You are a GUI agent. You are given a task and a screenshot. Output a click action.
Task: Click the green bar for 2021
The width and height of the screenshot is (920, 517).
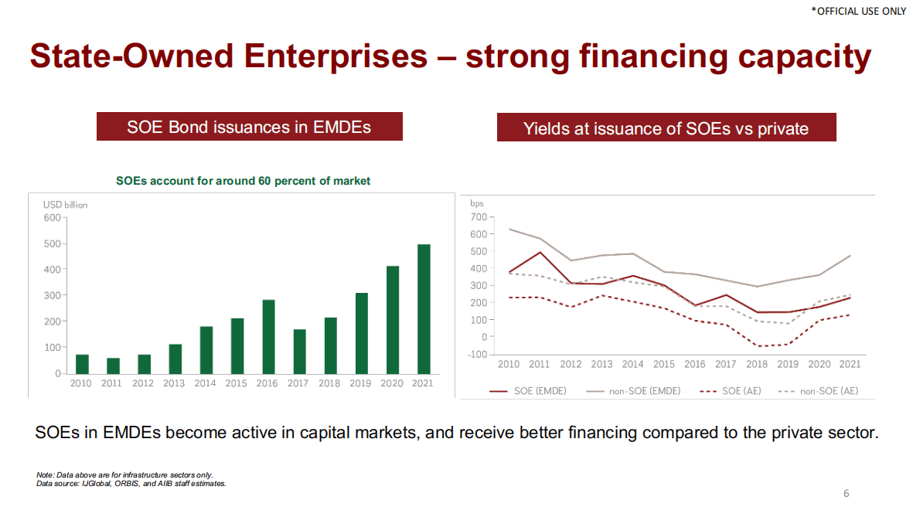tap(424, 308)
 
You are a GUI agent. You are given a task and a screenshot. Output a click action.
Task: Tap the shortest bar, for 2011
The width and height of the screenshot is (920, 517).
tap(113, 365)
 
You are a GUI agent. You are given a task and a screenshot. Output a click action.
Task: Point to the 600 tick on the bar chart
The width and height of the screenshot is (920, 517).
tap(52, 217)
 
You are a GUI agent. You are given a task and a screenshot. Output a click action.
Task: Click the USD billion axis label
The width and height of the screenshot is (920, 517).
tap(65, 205)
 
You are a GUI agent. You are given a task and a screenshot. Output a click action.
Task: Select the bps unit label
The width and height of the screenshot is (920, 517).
tap(476, 203)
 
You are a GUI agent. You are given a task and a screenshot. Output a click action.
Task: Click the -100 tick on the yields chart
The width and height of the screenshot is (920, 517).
tap(478, 354)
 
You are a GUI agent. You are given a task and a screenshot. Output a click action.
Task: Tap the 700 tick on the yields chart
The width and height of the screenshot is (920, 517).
tap(479, 217)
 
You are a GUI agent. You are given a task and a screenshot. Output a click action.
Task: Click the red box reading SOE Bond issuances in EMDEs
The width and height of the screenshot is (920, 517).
tap(249, 127)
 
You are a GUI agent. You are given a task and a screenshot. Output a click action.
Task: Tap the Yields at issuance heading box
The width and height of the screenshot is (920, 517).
tap(666, 128)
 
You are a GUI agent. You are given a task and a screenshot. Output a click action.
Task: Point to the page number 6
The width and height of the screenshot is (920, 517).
tap(846, 493)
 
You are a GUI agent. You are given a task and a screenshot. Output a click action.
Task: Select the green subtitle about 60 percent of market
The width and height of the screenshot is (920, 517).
tap(243, 181)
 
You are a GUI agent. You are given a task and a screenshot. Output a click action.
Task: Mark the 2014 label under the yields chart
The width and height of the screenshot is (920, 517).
tap(632, 364)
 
